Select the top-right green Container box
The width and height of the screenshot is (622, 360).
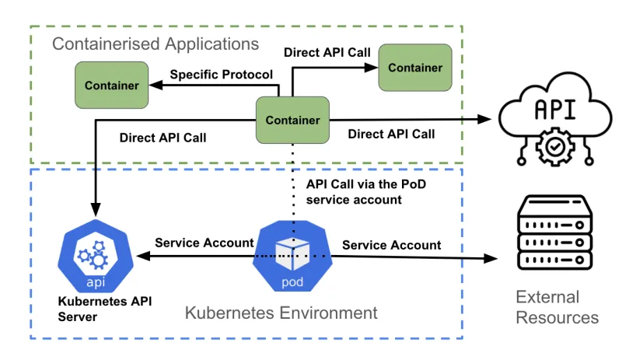coord(415,68)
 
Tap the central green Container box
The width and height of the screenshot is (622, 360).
coord(292,120)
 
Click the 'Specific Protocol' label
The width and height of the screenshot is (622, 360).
coord(221,75)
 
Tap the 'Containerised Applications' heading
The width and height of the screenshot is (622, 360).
coord(155,44)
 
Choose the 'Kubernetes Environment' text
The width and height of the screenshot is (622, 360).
coord(281,313)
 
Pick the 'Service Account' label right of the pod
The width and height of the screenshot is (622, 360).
coord(391,245)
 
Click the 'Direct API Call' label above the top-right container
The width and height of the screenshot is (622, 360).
coord(327,54)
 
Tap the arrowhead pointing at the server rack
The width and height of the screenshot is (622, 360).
coord(491,259)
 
